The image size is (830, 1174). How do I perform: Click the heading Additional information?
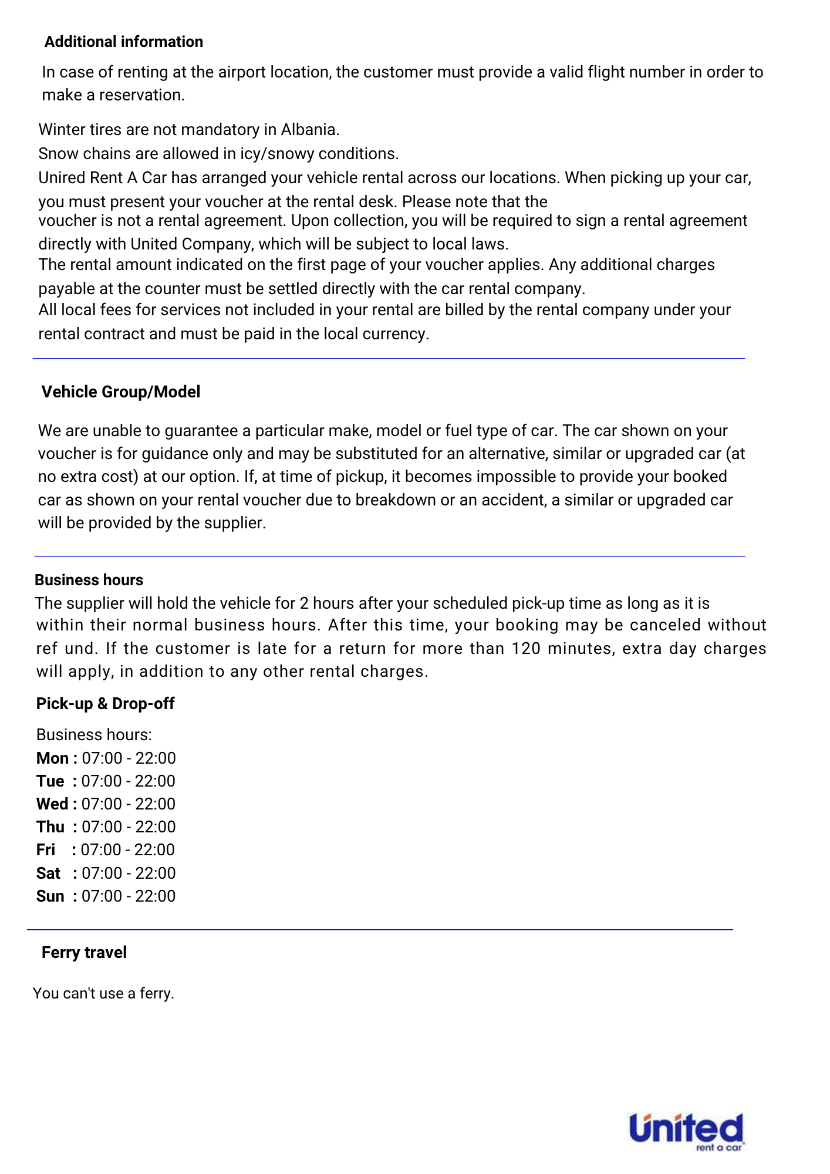pyautogui.click(x=123, y=42)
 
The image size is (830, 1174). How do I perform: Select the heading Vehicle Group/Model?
pyautogui.click(x=120, y=392)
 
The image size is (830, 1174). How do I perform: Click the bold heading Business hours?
pyautogui.click(x=89, y=580)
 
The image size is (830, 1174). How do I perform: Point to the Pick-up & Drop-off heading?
pyautogui.click(x=105, y=703)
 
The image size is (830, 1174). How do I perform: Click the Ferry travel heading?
pyautogui.click(x=84, y=952)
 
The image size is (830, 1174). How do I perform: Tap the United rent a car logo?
pyautogui.click(x=686, y=1132)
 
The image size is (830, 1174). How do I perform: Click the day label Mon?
pyautogui.click(x=52, y=758)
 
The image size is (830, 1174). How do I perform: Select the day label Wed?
pyautogui.click(x=52, y=804)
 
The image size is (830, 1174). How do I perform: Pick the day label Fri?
pyautogui.click(x=46, y=849)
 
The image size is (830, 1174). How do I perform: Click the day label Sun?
pyautogui.click(x=50, y=896)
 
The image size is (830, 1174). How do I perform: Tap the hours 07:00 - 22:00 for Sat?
pyautogui.click(x=129, y=873)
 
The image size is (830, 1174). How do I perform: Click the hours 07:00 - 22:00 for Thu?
pyautogui.click(x=129, y=826)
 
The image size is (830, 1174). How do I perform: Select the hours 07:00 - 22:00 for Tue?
pyautogui.click(x=129, y=781)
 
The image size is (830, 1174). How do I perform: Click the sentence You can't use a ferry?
pyautogui.click(x=104, y=993)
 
